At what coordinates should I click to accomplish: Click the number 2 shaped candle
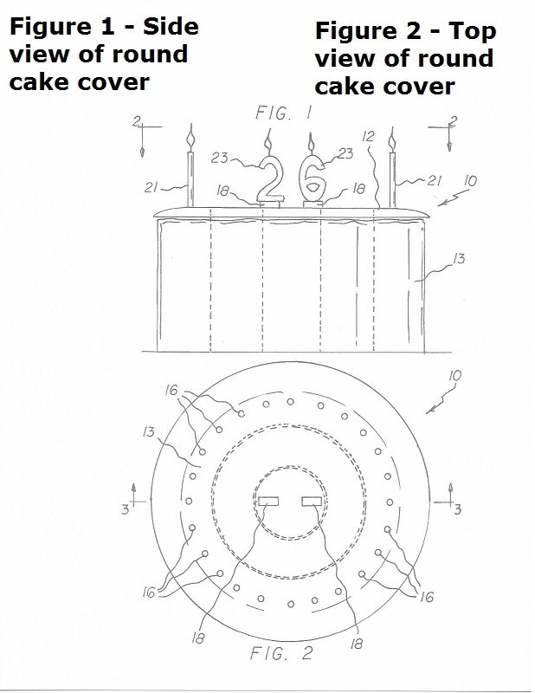click(x=269, y=179)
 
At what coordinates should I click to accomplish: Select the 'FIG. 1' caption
click(x=284, y=113)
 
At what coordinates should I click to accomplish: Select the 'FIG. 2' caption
click(x=282, y=653)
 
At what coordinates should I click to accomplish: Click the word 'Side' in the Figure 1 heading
click(x=171, y=27)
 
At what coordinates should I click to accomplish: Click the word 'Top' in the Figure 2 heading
click(x=473, y=33)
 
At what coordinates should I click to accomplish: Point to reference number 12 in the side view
click(x=368, y=137)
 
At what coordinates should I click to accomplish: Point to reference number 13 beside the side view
click(x=459, y=258)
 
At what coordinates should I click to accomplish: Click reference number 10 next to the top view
click(x=455, y=376)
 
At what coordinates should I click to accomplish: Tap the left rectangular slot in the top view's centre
click(x=268, y=502)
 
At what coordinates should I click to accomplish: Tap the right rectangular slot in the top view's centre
click(x=312, y=502)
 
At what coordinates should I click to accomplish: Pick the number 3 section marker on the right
click(x=458, y=509)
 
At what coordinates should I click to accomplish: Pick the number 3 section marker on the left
click(x=126, y=509)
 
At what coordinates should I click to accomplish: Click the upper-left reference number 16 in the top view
click(x=171, y=390)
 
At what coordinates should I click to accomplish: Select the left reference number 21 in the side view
click(x=151, y=188)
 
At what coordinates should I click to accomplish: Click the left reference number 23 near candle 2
click(x=219, y=158)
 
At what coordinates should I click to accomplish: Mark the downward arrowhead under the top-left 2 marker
click(x=142, y=152)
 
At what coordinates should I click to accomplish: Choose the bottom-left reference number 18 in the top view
click(x=198, y=638)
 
